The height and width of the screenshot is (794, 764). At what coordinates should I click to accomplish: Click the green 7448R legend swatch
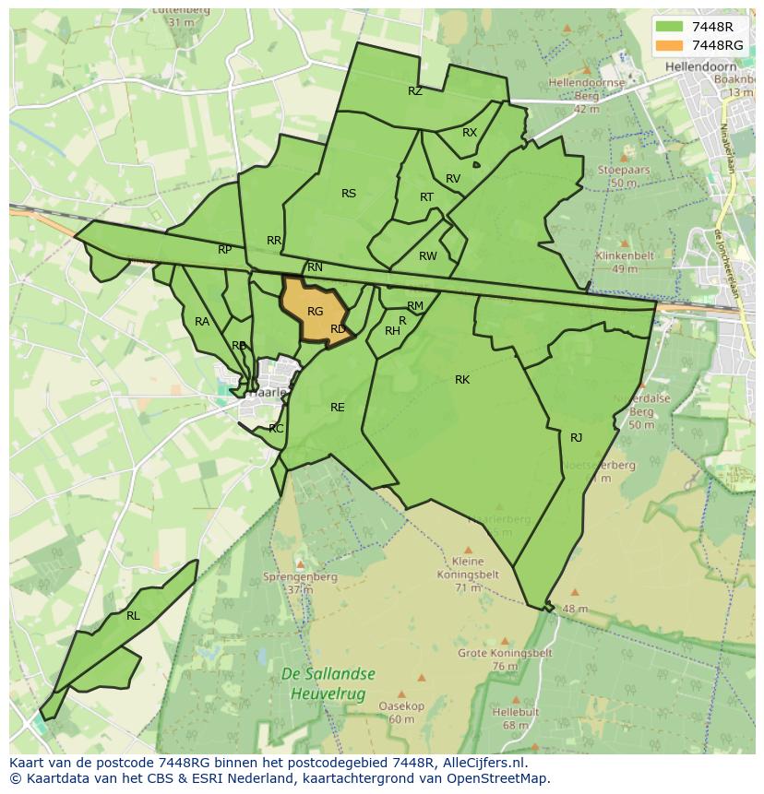click(670, 27)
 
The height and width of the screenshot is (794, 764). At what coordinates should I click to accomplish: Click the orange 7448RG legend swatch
click(670, 44)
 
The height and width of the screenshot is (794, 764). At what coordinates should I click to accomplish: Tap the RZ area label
click(415, 91)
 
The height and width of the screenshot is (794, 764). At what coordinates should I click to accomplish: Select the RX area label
click(470, 133)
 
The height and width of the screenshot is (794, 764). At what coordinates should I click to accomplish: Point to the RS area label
click(349, 194)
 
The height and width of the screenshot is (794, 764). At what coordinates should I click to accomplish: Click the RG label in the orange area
click(315, 312)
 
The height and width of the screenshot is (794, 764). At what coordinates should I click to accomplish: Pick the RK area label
click(462, 380)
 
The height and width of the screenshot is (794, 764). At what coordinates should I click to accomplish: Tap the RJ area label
click(577, 438)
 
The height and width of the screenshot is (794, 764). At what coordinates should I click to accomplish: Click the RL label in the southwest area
click(133, 616)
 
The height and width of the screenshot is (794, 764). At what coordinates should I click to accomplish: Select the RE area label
click(338, 407)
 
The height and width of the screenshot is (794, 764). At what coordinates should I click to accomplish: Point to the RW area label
click(427, 256)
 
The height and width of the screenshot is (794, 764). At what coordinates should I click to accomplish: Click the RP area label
click(225, 250)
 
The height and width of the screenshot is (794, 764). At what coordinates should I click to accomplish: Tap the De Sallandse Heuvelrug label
click(325, 684)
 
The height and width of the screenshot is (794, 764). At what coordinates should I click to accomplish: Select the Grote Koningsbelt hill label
click(505, 653)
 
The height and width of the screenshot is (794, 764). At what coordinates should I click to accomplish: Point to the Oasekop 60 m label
click(400, 713)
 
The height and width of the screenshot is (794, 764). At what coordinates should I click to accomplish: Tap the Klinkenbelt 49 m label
click(624, 262)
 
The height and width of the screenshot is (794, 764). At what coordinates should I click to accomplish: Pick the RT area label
click(426, 197)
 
